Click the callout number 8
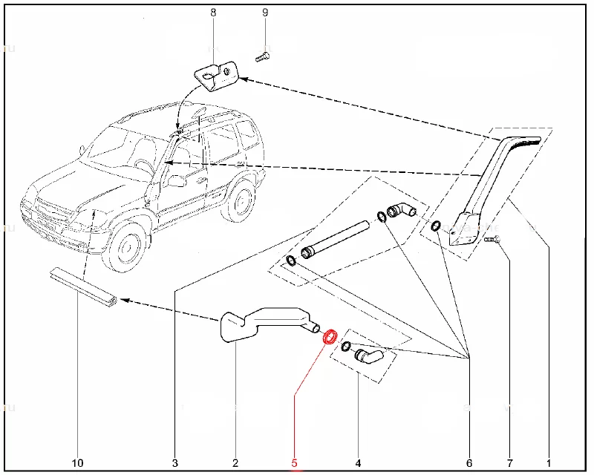(213, 13)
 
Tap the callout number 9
(265, 13)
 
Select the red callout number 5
(295, 464)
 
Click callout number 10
(77, 464)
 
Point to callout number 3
(175, 464)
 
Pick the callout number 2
(235, 464)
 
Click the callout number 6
(469, 464)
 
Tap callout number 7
(509, 464)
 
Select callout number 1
(549, 464)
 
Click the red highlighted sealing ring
(330, 336)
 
